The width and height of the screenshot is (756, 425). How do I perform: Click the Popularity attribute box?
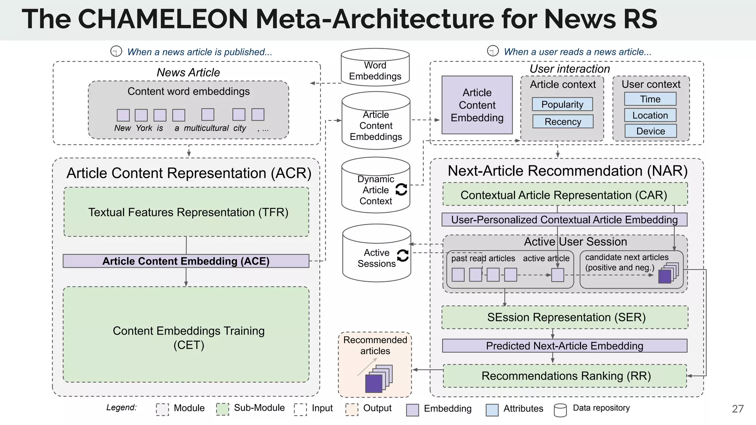tap(562, 104)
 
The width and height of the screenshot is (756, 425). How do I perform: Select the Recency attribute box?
tap(563, 121)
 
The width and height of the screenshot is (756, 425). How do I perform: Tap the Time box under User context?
tap(650, 99)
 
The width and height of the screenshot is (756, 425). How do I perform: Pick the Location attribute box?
tap(650, 115)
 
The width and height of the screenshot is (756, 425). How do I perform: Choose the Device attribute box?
tap(650, 131)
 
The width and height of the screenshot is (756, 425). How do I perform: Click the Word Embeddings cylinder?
tap(375, 68)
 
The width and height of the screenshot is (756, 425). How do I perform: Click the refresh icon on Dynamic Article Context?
tap(401, 189)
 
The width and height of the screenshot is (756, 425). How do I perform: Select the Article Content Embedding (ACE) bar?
tap(186, 261)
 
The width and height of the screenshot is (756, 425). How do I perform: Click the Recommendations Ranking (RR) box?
tap(565, 376)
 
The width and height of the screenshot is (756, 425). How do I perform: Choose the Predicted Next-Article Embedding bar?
tap(564, 346)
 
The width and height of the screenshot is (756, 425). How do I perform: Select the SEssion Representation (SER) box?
tap(565, 317)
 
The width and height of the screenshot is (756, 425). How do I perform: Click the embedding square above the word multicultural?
tap(207, 114)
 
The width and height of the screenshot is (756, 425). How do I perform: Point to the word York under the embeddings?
tap(144, 128)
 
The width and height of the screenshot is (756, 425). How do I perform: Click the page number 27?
tap(738, 409)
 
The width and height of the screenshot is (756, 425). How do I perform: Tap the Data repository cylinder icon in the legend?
tap(560, 410)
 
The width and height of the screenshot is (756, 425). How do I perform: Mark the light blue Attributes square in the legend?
tap(492, 410)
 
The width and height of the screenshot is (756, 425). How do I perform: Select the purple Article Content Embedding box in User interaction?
tap(477, 105)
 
